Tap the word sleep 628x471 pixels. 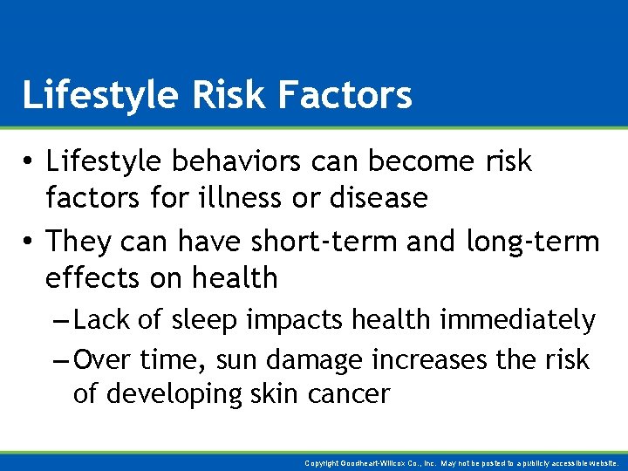point(203,320)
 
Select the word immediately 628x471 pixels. point(517,320)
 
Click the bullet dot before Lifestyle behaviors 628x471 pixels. point(30,162)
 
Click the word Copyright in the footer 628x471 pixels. point(324,463)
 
